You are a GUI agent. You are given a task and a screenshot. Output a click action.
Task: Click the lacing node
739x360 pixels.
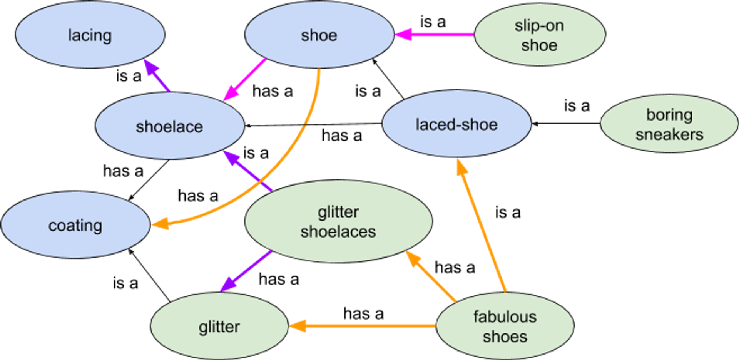pos(90,35)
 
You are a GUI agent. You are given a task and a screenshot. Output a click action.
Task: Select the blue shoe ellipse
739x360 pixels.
pos(319,35)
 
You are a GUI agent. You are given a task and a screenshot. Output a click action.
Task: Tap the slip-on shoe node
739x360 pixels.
pos(539,35)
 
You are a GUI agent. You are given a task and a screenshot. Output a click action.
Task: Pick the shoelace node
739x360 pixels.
pos(169,126)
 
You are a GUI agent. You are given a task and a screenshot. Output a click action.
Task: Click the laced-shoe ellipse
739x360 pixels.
pos(456,124)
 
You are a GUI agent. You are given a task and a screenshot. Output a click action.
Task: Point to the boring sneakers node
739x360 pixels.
pos(669,124)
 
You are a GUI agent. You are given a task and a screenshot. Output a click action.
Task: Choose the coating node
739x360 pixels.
pos(75,225)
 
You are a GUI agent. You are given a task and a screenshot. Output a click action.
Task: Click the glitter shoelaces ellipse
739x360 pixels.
pos(338,221)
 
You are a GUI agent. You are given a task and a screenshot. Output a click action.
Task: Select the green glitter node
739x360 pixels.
pos(219,327)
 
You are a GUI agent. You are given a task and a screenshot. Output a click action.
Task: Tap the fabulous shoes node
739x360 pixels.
pos(505,327)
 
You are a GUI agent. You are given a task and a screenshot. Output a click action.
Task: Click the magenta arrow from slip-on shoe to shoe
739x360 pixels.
pos(439,35)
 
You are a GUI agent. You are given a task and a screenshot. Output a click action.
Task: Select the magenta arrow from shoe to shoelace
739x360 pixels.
pos(246,79)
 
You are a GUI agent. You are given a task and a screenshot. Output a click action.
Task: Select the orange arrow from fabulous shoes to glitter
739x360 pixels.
pos(366,326)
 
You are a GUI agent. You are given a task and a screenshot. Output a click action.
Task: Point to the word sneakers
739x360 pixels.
pos(669,134)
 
